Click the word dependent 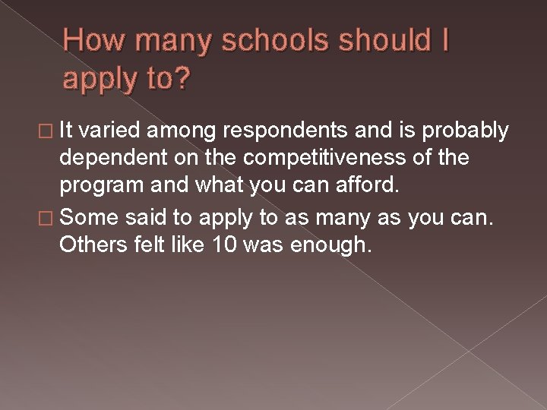point(112,159)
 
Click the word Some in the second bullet point(89,219)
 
